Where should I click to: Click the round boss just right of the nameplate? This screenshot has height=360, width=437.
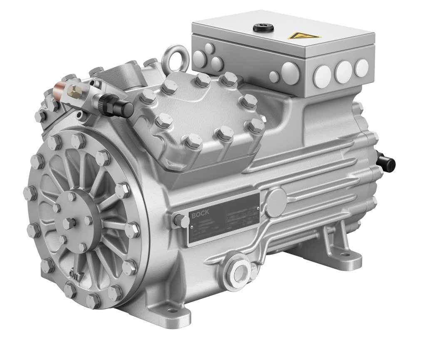[x=276, y=201]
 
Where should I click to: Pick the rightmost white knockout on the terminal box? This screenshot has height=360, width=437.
[x=361, y=68]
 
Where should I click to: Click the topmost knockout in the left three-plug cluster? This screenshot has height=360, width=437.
[x=210, y=47]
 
